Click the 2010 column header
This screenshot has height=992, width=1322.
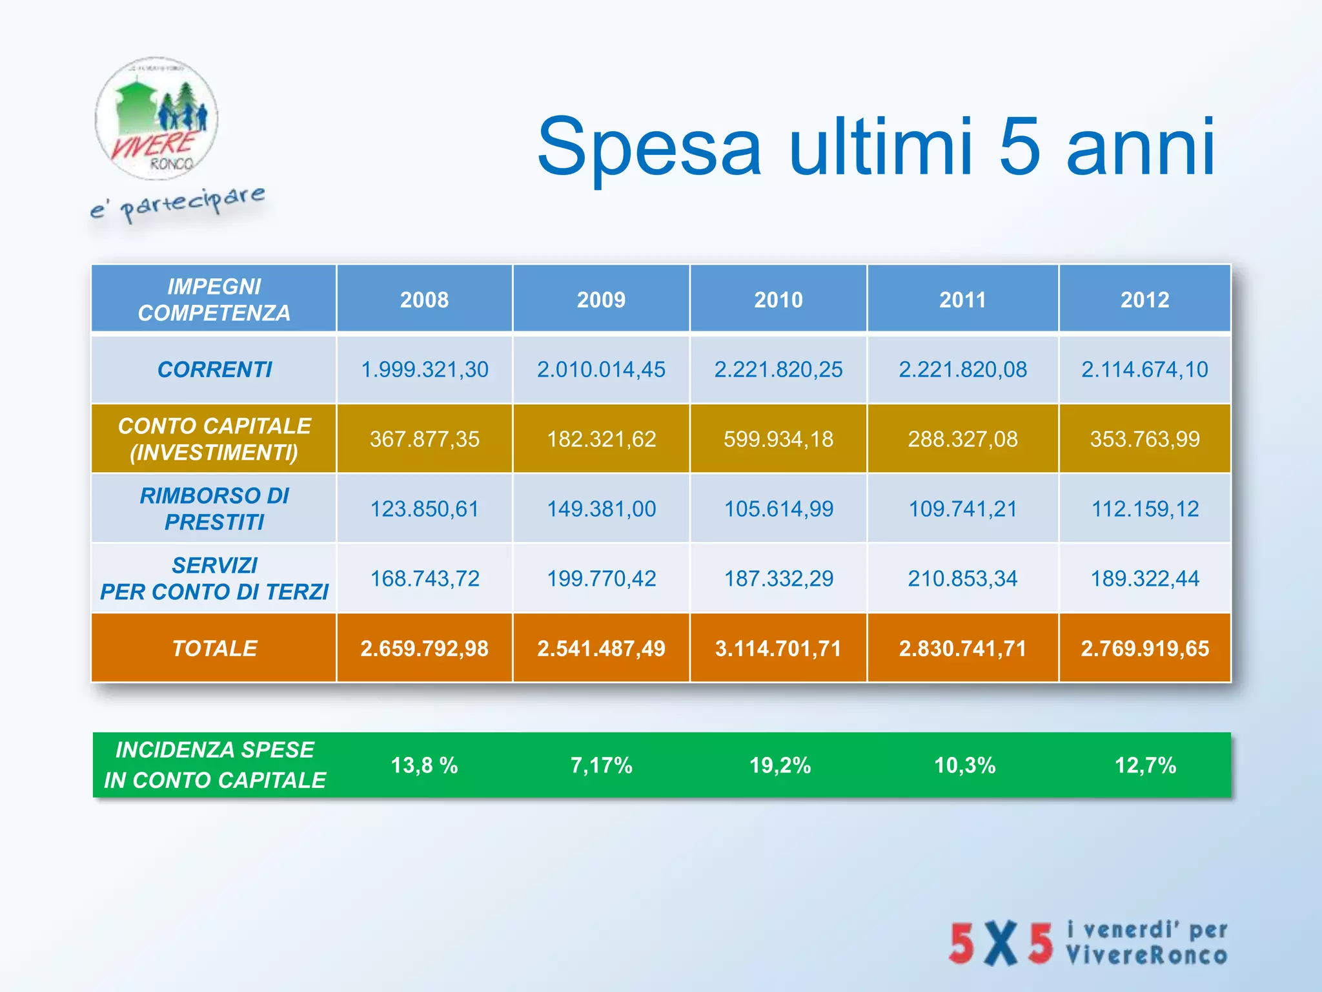pos(778,300)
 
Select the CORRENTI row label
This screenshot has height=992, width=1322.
pos(214,369)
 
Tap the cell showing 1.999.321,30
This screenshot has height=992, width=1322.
pos(424,369)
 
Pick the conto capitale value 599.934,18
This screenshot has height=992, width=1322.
pos(778,439)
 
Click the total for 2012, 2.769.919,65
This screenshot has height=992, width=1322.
pos(1144,648)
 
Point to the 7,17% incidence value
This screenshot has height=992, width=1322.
pos(601,765)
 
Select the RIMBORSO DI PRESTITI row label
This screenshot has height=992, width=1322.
pos(214,508)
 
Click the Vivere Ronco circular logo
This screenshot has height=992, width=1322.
pos(156,119)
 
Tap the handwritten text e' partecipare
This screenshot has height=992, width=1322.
pos(178,203)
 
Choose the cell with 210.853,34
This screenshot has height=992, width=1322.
pos(962,578)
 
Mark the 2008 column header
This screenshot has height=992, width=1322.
pos(424,300)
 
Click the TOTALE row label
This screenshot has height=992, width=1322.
pos(214,648)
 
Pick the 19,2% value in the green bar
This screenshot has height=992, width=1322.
pos(779,765)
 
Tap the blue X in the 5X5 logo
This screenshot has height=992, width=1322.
pos(1001,944)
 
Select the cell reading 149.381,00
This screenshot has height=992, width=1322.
pos(601,509)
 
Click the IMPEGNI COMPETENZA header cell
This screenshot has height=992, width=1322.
pos(214,300)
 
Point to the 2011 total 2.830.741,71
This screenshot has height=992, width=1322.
pos(962,648)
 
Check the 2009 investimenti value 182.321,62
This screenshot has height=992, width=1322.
pos(601,439)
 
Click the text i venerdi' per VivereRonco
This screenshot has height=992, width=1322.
pos(1146,943)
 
